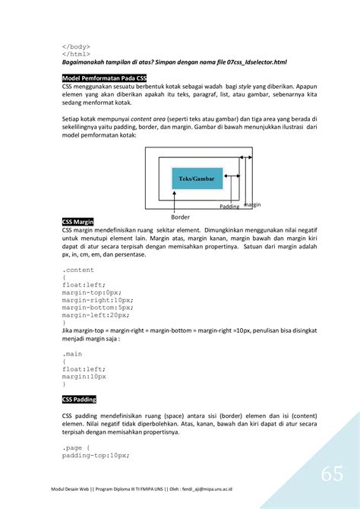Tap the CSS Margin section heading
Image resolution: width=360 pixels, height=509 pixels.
click(x=77, y=221)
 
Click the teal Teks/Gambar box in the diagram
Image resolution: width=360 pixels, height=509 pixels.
click(x=197, y=179)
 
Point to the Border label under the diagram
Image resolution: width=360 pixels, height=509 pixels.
click(x=180, y=217)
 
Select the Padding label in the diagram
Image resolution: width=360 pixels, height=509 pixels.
click(x=229, y=207)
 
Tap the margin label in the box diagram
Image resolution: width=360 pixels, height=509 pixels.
click(x=252, y=204)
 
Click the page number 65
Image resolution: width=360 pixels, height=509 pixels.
click(x=331, y=473)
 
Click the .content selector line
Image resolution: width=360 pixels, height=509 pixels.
click(x=78, y=270)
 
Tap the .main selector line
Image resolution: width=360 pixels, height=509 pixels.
click(x=73, y=353)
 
